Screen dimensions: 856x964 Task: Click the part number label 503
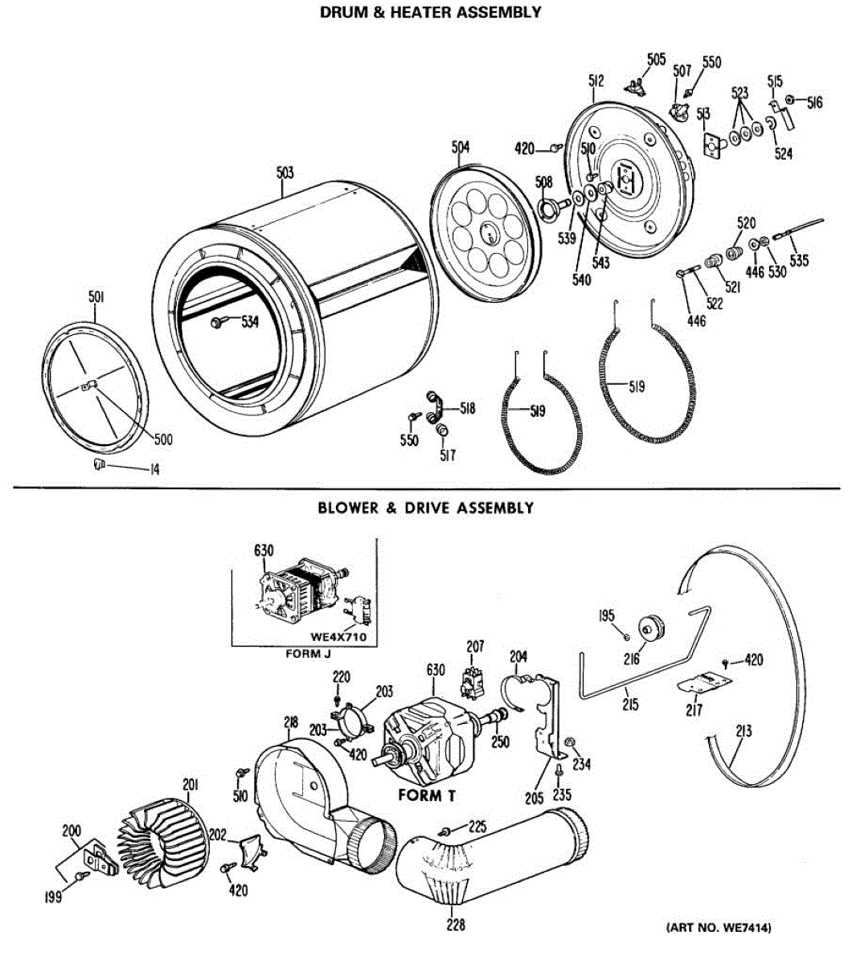coord(285,172)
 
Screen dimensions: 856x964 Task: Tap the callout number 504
coord(461,147)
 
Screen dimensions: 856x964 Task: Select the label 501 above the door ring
coord(96,297)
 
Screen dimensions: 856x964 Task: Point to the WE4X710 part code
coord(338,636)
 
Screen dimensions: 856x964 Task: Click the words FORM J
coord(308,654)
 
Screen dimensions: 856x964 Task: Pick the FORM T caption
coord(427,795)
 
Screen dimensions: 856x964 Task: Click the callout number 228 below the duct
coord(456,925)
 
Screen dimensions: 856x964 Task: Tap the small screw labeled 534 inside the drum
coord(215,323)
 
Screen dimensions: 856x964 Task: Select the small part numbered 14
coord(99,464)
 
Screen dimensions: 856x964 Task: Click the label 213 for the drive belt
coord(743,731)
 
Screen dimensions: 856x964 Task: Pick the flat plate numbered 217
coord(704,683)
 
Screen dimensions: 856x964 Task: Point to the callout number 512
coord(596,81)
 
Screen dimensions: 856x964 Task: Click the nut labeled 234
coord(568,741)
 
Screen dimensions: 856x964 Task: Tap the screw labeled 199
coord(81,876)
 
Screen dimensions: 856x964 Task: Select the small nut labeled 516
coord(789,100)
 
